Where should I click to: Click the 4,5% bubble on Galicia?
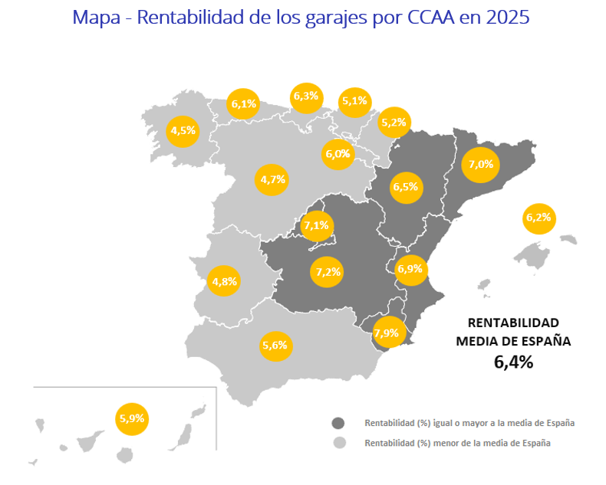pyautogui.click(x=183, y=130)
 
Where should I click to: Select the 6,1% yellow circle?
pyautogui.click(x=243, y=103)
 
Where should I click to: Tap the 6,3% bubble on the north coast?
pyautogui.click(x=305, y=96)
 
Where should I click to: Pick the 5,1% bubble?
pyautogui.click(x=355, y=100)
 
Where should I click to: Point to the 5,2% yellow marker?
pyautogui.click(x=394, y=122)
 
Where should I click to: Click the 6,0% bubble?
pyautogui.click(x=338, y=153)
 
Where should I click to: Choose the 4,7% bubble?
pyautogui.click(x=273, y=180)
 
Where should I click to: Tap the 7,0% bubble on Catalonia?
pyautogui.click(x=483, y=164)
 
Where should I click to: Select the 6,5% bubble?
pyautogui.click(x=406, y=186)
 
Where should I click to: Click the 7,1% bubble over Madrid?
pyautogui.click(x=315, y=225)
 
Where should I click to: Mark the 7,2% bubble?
pyautogui.click(x=328, y=271)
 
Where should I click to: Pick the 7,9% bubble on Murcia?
pyautogui.click(x=386, y=333)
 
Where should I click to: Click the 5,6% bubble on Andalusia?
pyautogui.click(x=274, y=346)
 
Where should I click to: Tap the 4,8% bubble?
pyautogui.click(x=224, y=281)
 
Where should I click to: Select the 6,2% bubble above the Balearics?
pyautogui.click(x=538, y=218)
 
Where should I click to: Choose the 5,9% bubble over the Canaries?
pyautogui.click(x=132, y=419)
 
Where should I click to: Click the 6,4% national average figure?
pyautogui.click(x=513, y=362)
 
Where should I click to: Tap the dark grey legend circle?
pyautogui.click(x=339, y=423)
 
